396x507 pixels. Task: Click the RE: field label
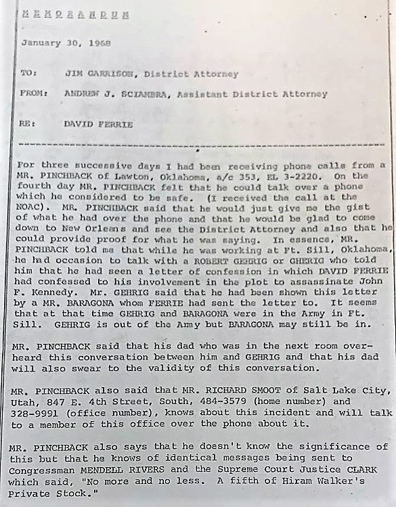[28, 125]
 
